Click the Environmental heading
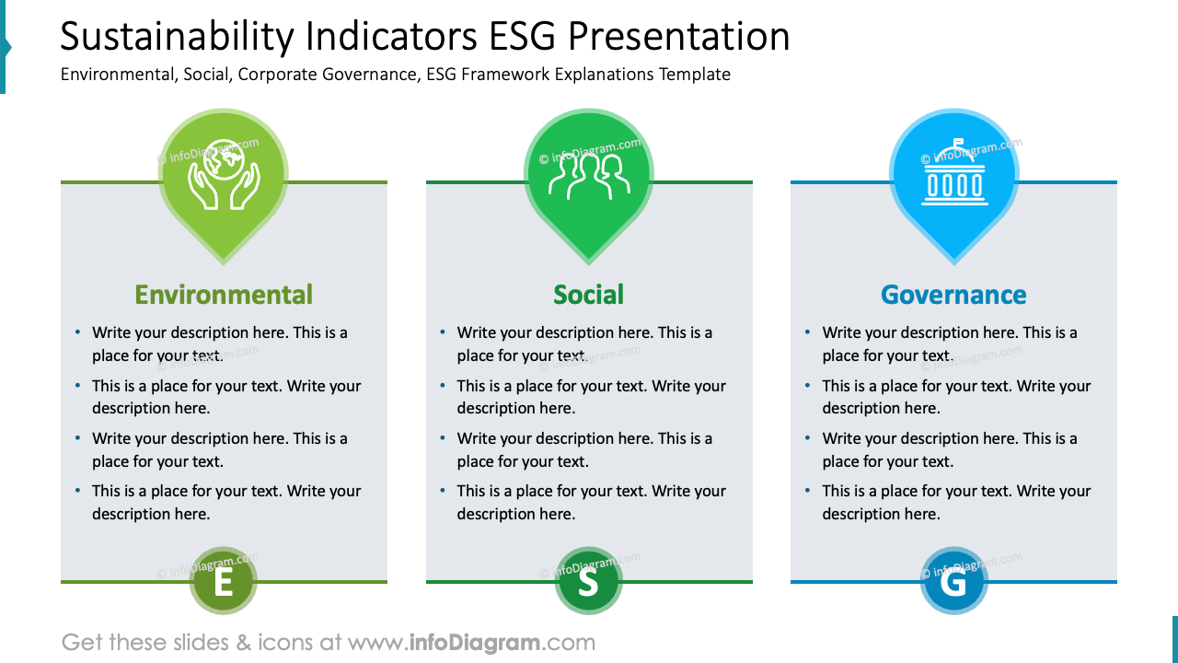224,295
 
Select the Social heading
588,295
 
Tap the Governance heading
953,295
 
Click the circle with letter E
223,582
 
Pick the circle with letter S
588,582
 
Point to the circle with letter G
953,582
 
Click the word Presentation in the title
678,37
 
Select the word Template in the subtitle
695,75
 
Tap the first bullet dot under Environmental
77,332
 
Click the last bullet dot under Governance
808,491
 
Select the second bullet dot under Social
443,386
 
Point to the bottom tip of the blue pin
953,263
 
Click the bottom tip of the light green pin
224,263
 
